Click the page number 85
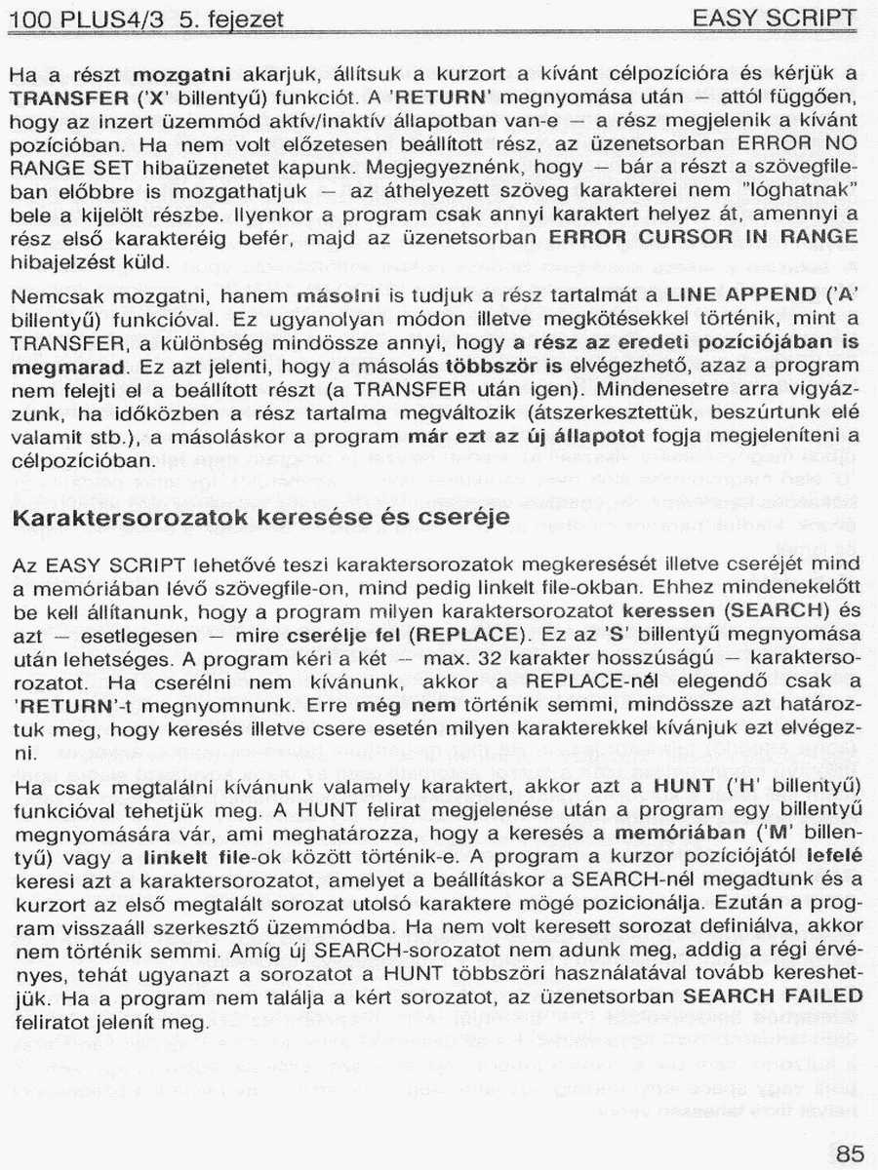[850, 1154]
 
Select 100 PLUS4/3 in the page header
[84, 19]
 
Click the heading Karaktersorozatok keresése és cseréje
[260, 517]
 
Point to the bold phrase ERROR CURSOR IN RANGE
[703, 237]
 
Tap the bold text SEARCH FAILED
[773, 995]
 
